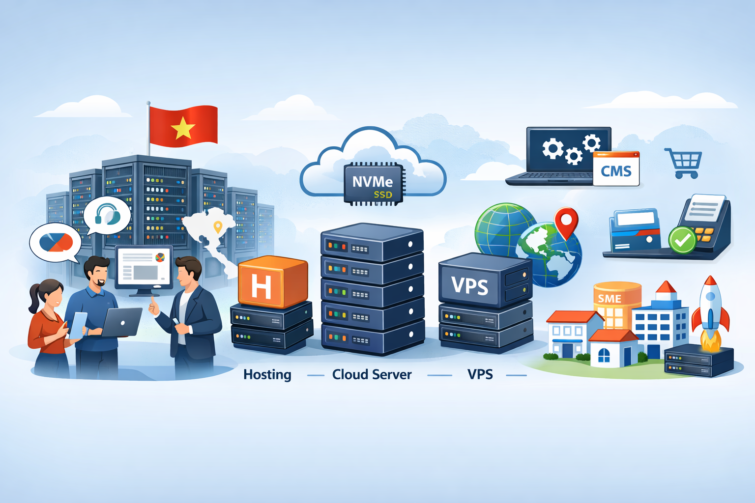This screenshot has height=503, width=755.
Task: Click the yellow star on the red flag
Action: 183,129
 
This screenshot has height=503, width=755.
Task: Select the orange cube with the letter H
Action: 272,281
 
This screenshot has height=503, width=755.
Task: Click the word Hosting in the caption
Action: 267,375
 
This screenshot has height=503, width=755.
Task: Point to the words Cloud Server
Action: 372,375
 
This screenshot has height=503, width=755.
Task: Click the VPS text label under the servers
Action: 480,375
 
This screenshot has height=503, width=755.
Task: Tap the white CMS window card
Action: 616,169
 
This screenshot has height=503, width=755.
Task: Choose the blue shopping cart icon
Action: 684,163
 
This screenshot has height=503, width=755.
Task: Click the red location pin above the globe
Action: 566,222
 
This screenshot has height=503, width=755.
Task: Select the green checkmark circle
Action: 682,240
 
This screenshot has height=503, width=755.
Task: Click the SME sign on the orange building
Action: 610,298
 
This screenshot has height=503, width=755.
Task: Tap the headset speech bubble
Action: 107,215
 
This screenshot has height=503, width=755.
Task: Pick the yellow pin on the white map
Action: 217,227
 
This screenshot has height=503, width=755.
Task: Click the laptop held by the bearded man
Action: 121,322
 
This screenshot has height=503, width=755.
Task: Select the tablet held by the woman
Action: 77,325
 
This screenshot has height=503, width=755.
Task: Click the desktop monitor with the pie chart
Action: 144,267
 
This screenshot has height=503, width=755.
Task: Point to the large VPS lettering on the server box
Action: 470,285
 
